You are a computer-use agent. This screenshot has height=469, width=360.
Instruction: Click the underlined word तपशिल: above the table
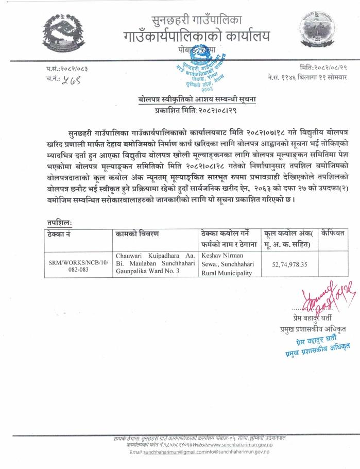coord(59,222)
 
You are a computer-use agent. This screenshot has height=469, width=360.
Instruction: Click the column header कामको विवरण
coord(138,233)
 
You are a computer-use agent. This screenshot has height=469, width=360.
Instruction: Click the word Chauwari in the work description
coord(131,255)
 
